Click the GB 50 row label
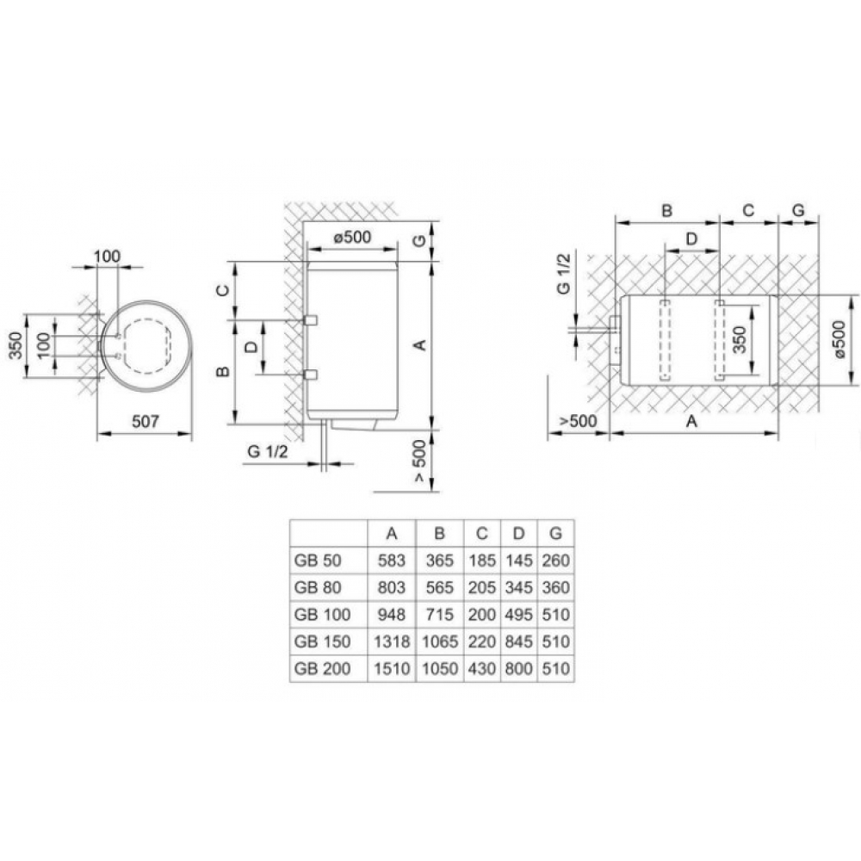coord(318,561)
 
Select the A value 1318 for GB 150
coord(392,641)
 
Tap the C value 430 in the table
coord(481,668)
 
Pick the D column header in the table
coord(518,533)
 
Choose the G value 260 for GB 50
coord(555,561)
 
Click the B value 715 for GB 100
coord(439,615)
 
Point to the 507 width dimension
coord(146,421)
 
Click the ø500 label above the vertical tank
coord(352,238)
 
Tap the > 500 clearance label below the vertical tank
coord(419,461)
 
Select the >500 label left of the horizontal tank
coord(578,421)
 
